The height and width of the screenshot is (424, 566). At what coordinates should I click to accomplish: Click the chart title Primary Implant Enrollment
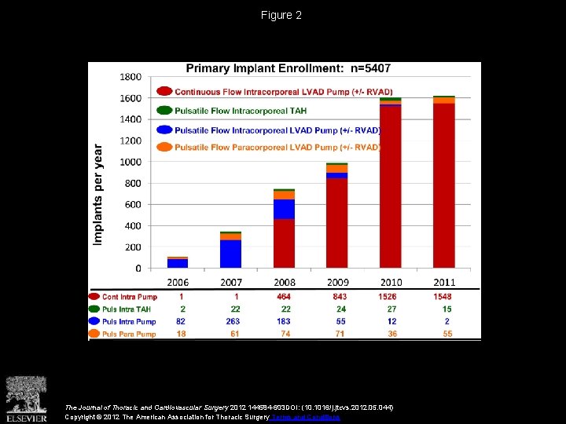[x=288, y=68]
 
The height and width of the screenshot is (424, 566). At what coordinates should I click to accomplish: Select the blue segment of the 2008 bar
[x=284, y=209]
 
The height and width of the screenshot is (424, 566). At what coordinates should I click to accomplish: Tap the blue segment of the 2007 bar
[x=231, y=253]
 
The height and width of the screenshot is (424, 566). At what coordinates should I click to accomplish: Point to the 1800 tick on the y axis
[x=130, y=77]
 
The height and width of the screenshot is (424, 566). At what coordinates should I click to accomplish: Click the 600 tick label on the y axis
[x=134, y=204]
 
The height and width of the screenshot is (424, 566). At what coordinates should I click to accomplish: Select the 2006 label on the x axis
[x=177, y=282]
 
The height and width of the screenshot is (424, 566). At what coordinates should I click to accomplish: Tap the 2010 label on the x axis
[x=391, y=282]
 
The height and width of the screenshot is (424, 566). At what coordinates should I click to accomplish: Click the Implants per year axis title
[x=98, y=193]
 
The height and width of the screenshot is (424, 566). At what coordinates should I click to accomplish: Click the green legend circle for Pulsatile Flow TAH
[x=164, y=111]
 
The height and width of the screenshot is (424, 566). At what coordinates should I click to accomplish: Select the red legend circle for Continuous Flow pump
[x=164, y=90]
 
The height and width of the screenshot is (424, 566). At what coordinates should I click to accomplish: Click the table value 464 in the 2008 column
[x=284, y=297]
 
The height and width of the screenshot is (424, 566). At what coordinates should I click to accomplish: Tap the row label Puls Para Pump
[x=129, y=334]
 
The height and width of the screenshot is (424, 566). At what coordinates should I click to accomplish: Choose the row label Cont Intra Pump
[x=129, y=297]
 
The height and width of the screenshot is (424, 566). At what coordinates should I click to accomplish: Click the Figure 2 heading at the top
[x=282, y=15]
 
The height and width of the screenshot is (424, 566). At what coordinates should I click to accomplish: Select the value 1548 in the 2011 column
[x=443, y=297]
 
